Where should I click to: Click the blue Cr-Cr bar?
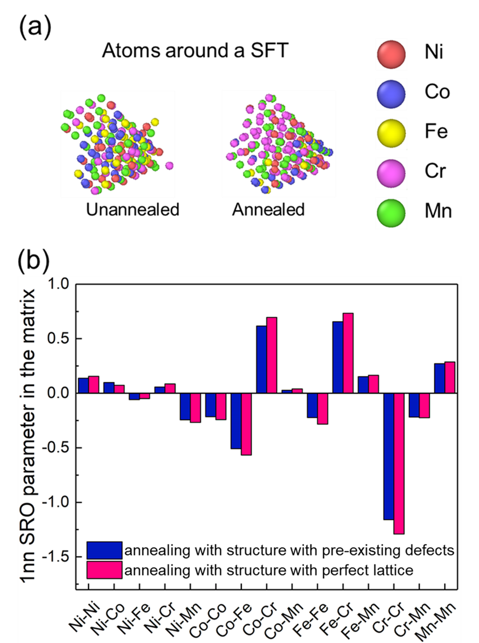coord(388,456)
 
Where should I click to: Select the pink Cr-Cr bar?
coord(398,464)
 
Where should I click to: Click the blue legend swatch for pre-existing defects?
coord(105,550)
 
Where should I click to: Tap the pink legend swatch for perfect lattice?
coord(105,570)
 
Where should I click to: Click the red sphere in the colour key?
coord(391,55)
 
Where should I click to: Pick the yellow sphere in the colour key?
coord(391,134)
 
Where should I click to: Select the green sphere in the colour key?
coord(391,213)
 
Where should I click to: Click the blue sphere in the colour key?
coord(391,94)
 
